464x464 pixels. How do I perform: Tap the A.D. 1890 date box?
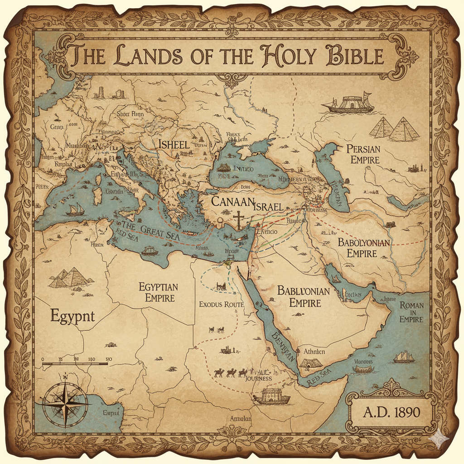tap(391, 412)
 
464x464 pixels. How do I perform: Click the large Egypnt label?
tap(72, 315)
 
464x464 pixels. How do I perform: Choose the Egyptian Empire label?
tap(158, 292)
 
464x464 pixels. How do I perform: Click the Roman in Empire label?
tap(411, 312)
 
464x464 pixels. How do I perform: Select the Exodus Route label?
tap(222, 304)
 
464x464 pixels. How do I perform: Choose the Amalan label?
tap(240, 419)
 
